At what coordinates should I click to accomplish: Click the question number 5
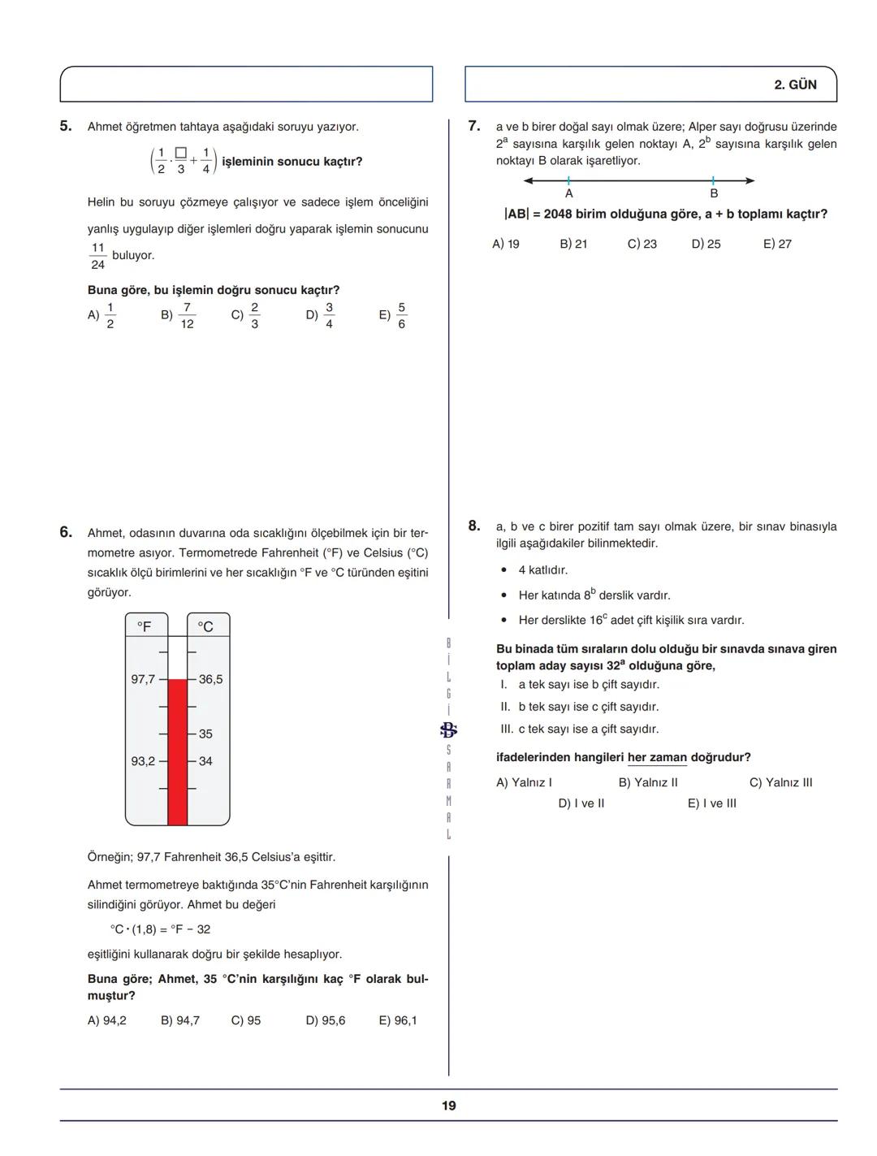66,126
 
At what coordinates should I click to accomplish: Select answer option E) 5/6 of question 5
393,315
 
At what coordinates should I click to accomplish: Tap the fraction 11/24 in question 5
98,256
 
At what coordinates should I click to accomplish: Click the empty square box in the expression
180,153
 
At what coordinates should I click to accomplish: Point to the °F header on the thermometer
145,626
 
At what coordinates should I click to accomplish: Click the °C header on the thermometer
205,626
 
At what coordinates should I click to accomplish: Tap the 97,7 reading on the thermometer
143,679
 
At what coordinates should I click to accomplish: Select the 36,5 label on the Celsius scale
210,679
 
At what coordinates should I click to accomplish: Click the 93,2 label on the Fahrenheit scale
143,761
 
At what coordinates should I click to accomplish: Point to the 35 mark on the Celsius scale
205,734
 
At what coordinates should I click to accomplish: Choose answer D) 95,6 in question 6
326,1020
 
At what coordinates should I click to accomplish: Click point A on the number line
568,181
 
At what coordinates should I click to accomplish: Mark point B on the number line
713,181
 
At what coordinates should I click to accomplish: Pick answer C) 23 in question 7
642,244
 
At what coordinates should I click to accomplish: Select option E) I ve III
712,803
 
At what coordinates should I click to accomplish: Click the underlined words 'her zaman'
657,757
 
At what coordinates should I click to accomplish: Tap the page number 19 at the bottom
449,1106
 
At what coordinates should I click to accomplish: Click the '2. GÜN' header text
796,84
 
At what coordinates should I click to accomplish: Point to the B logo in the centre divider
448,730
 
